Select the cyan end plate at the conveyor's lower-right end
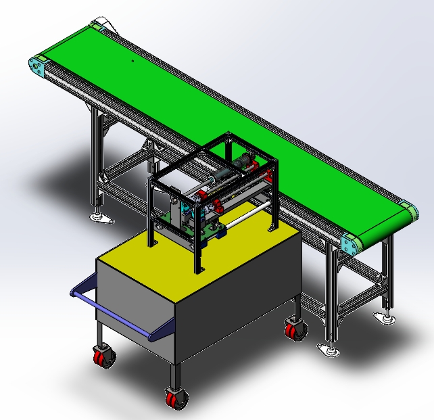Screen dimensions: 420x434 pyautogui.click(x=350, y=243)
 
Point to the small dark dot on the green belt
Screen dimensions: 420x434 pyautogui.click(x=132, y=61)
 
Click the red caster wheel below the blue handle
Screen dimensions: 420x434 pyautogui.click(x=103, y=357)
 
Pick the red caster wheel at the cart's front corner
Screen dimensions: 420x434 pyautogui.click(x=175, y=398)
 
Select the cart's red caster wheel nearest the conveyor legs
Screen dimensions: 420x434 pyautogui.click(x=295, y=330)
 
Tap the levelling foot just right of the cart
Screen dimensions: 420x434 pyautogui.click(x=329, y=350)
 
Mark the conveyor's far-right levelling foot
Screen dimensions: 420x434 pyautogui.click(x=386, y=318)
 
